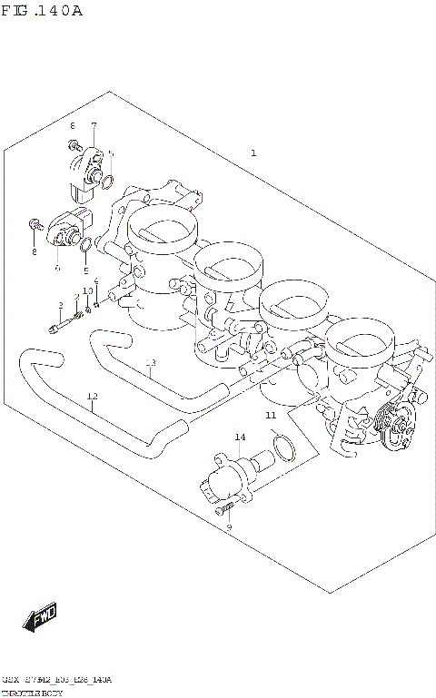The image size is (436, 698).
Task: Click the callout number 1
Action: pos(253,153)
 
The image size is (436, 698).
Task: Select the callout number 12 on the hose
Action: pos(92,396)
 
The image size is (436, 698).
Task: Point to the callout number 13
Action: pos(151,363)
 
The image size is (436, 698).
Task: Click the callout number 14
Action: pos(240,437)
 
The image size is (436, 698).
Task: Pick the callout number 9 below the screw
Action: pos(229,527)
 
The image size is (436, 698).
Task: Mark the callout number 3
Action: pos(61,305)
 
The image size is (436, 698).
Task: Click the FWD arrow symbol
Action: pos(41,619)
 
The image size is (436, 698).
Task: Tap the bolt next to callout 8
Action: pos(34,223)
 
